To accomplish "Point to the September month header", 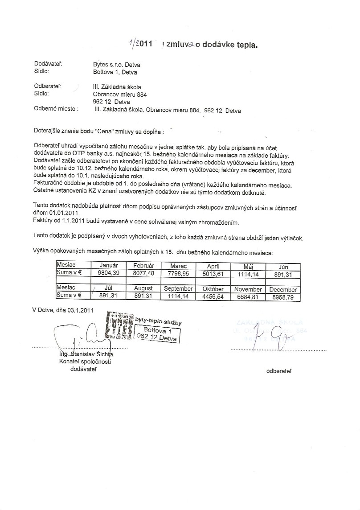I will (x=178, y=289).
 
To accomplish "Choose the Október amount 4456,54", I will (x=213, y=296).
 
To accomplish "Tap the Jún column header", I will (x=283, y=267).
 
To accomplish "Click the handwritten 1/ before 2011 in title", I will (x=132, y=44).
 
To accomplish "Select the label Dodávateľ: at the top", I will (x=48, y=64).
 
